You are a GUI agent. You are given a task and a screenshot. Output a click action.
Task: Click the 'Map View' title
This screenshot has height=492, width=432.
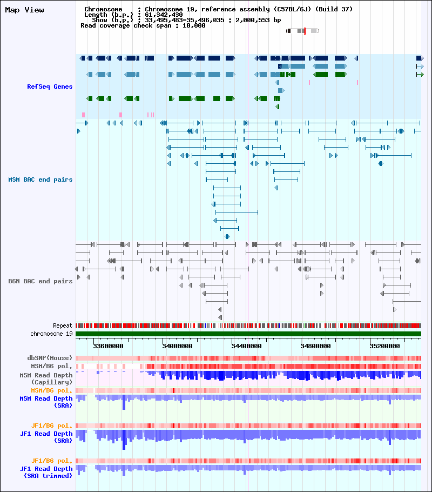tap(24, 10)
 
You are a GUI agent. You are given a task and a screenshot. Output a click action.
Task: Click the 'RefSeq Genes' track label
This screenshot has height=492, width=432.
tap(50, 87)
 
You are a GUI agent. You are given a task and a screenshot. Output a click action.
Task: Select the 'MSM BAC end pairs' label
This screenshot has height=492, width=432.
tap(40, 179)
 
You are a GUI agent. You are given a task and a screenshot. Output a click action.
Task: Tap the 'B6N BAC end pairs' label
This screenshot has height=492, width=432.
tap(40, 281)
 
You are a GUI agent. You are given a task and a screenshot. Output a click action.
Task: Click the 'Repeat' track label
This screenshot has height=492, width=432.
tap(63, 325)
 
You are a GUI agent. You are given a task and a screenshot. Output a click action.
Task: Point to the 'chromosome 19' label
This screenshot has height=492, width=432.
tap(51, 334)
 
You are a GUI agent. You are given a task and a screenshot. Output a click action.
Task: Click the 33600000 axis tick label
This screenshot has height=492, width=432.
tap(108, 346)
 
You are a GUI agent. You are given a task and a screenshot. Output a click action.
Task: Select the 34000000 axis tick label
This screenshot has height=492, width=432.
tap(178, 346)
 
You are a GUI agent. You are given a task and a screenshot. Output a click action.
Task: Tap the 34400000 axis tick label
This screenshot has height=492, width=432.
tap(246, 346)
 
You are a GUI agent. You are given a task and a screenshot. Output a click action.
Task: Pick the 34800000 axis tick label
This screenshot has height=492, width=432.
tap(315, 346)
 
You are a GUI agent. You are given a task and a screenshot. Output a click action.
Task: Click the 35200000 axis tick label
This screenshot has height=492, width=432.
tap(384, 346)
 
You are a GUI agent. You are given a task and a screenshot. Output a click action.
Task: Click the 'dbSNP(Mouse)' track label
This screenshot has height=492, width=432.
tap(50, 358)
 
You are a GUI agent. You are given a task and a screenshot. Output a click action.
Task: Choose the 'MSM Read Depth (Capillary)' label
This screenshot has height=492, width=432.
tap(46, 378)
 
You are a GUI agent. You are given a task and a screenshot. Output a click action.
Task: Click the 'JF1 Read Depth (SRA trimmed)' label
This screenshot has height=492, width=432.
tap(46, 472)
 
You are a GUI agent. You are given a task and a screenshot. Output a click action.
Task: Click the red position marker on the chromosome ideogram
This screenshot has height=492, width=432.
tap(305, 31)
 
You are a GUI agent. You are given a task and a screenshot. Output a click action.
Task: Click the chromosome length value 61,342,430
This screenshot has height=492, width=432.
tap(164, 15)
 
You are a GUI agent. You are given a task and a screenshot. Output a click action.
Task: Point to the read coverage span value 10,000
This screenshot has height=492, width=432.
tap(194, 26)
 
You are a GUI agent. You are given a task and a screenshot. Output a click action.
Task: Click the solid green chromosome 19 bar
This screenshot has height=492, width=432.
tap(248, 334)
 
